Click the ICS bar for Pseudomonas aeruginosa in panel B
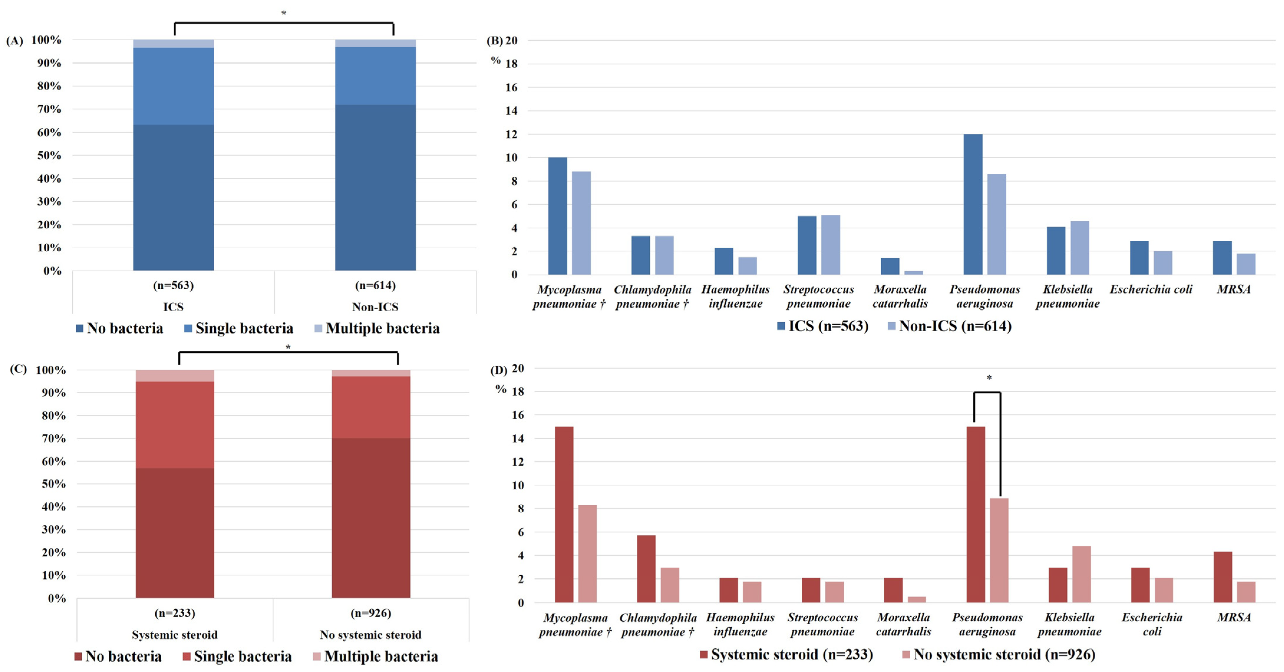[x=972, y=204]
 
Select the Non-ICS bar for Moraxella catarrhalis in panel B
[x=914, y=273]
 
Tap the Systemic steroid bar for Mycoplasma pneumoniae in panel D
[x=564, y=514]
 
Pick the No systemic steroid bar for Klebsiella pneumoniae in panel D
[x=1081, y=574]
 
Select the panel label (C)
[x=19, y=369]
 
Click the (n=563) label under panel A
[x=173, y=285]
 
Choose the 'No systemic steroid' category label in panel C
[x=370, y=635]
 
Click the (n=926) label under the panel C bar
[x=370, y=613]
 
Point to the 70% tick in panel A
[x=49, y=109]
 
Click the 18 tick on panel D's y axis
[x=518, y=392]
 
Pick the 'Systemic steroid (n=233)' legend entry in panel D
[x=786, y=654]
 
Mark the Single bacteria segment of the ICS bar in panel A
[x=173, y=86]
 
